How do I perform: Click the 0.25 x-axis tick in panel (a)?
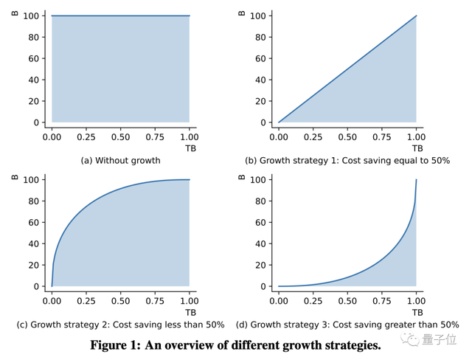(86, 136)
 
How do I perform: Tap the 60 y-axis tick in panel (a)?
(34, 58)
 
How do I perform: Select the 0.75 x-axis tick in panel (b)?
(382, 136)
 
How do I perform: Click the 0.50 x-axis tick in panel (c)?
(120, 300)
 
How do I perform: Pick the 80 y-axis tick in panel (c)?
(34, 201)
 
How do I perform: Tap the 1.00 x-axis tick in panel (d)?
(417, 300)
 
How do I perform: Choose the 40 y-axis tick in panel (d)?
(260, 243)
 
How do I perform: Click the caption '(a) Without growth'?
(120, 160)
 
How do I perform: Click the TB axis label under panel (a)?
(190, 148)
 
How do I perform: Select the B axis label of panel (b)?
(242, 13)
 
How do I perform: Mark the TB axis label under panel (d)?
(417, 312)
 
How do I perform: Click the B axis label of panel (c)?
(15, 177)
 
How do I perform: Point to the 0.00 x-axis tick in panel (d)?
(279, 300)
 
